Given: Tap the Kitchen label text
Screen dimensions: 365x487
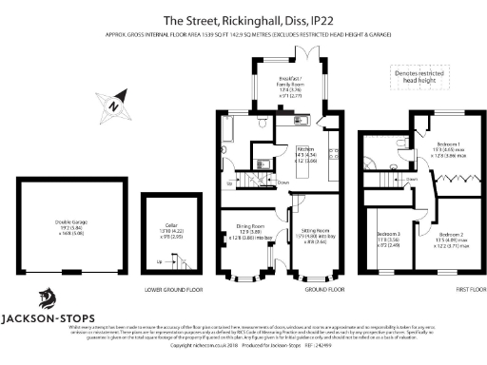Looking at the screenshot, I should coord(307,153).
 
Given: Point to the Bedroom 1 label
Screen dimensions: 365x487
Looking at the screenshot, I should coord(445,148).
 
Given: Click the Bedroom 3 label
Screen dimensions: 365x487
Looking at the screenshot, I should coord(389,238).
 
